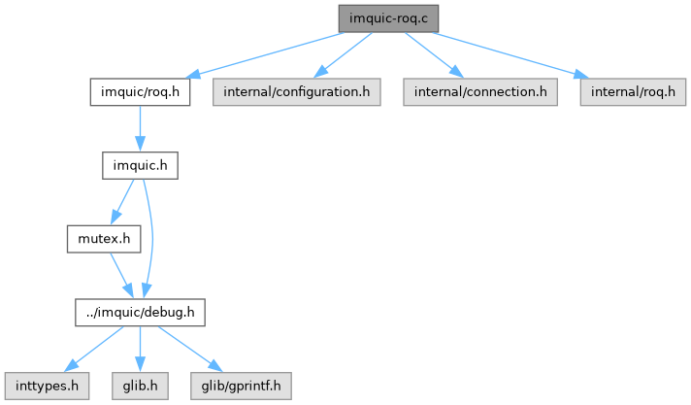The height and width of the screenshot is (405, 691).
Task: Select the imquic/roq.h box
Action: [x=141, y=92]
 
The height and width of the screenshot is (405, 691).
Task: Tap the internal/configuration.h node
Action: [x=295, y=92]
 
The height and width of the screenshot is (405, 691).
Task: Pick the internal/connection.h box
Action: [x=480, y=92]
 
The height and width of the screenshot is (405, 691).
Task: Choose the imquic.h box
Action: [x=141, y=165]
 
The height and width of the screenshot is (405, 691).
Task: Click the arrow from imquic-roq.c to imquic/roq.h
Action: [x=262, y=54]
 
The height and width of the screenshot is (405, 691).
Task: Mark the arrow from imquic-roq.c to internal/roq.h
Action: [x=505, y=54]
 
